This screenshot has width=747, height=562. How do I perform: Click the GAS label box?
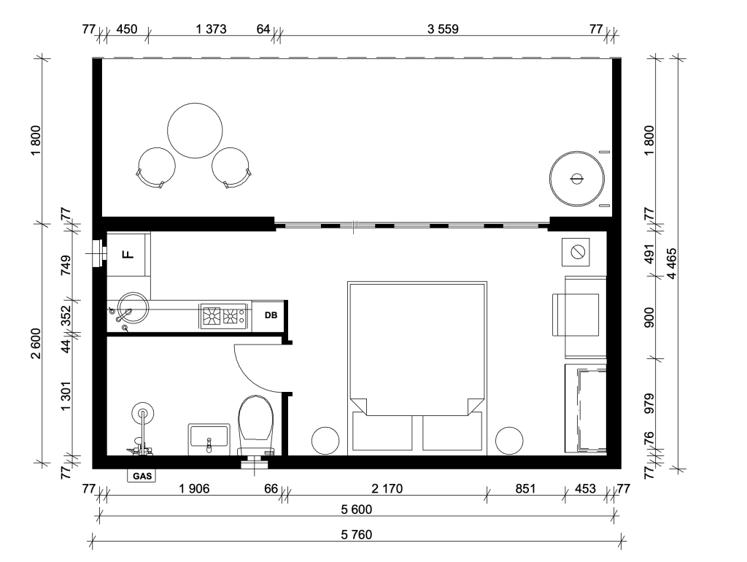click(x=142, y=476)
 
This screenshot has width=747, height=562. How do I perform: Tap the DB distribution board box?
click(x=271, y=315)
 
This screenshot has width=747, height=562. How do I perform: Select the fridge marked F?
click(x=128, y=254)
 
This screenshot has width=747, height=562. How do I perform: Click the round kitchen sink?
click(x=133, y=307)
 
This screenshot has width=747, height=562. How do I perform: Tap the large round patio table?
click(x=195, y=130)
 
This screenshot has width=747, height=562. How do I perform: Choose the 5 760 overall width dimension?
click(x=356, y=534)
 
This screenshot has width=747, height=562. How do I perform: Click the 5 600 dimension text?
click(x=356, y=509)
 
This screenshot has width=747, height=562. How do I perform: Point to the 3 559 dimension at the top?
click(x=443, y=29)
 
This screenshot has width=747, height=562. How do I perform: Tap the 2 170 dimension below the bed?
click(x=387, y=488)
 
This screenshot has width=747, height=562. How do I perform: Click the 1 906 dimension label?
click(x=194, y=488)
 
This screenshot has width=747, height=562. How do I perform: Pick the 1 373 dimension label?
click(x=211, y=29)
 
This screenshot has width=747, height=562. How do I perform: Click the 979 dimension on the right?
click(x=649, y=404)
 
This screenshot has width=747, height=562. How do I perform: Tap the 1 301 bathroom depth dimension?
click(x=66, y=396)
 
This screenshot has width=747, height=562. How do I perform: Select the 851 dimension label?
click(x=525, y=488)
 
